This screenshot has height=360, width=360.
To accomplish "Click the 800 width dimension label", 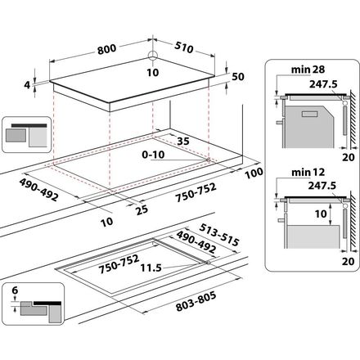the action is tap(107, 49).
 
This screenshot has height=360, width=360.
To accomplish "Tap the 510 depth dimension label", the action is tap(184, 47).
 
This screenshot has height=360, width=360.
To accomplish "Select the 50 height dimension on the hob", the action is tap(238, 77).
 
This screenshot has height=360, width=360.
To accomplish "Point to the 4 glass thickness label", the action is tap(27, 85).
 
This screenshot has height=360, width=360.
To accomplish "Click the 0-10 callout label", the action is tap(153, 155).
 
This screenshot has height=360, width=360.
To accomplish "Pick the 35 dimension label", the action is tap(183, 141).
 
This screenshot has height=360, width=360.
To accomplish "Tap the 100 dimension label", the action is tap(254, 173).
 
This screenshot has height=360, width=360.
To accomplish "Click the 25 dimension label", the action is tap(142, 209).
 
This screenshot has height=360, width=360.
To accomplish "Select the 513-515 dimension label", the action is tap(219, 235).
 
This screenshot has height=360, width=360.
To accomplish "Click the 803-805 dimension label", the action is tap(196, 301).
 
